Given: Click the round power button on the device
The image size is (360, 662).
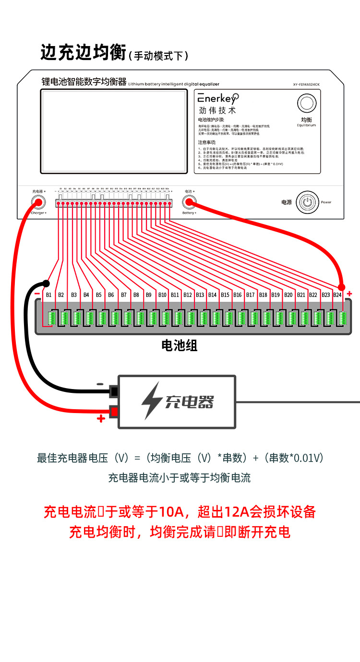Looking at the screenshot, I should pos(308,202).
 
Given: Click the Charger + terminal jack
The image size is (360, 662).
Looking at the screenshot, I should pos(38,202).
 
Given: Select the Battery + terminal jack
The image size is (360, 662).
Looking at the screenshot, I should pos(189,202).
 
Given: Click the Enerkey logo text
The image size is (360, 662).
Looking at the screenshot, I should pos(217,99).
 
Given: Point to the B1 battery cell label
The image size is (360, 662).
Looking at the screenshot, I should pos(48,295).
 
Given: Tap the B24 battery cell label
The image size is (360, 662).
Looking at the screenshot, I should pos(337,295).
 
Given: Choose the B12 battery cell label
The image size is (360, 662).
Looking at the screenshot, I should pos(187,295).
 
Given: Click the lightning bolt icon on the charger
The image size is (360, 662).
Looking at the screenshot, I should pos(152,401).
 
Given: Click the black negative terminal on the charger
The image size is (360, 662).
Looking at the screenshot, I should pos(114,392).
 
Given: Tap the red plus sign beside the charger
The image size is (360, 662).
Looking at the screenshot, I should pos(101,419).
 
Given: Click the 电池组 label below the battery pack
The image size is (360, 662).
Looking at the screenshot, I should pos(180,346).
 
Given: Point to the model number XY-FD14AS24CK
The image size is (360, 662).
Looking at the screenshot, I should pos(313,85).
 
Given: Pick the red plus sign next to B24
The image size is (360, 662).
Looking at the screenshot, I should pos(349,293).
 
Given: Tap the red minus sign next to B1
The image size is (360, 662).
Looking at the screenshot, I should pos(37,293).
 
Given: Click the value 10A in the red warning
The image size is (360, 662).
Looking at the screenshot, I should pos(172,512).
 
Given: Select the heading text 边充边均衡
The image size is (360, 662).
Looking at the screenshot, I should pos(83,53).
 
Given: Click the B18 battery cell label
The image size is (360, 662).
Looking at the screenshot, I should pos(263,295).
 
